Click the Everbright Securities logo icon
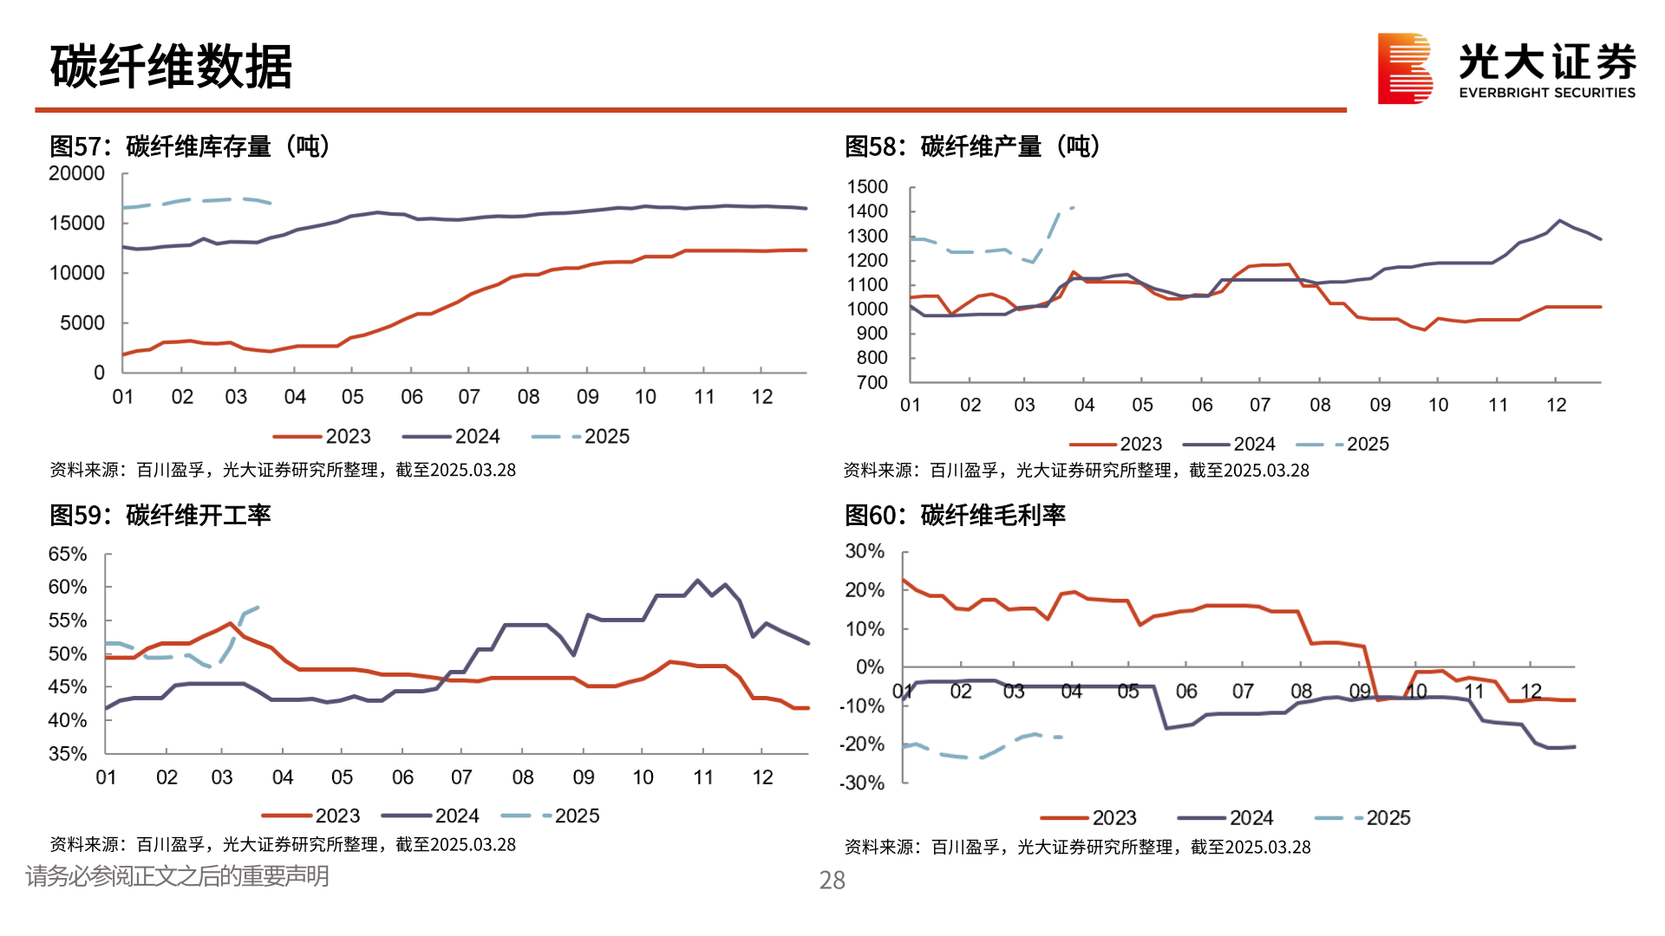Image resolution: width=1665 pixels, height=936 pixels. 1405,68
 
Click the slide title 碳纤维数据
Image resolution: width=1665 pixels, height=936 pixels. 171,67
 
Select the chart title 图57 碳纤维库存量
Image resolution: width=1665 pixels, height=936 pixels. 189,146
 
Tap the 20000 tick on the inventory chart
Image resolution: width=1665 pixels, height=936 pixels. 76,173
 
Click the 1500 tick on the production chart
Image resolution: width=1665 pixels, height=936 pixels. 867,187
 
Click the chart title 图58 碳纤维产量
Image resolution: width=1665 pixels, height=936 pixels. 972,146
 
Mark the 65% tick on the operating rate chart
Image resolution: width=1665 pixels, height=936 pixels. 68,554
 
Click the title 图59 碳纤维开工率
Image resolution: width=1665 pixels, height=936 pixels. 160,516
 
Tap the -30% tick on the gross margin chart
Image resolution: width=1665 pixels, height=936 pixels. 862,783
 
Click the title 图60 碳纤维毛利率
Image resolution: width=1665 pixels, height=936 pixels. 955,516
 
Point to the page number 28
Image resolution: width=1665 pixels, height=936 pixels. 832,881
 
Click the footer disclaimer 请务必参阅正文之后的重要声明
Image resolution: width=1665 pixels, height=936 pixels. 177,876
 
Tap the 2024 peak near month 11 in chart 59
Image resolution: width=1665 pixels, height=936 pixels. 698,581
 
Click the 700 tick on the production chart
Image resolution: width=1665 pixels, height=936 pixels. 872,382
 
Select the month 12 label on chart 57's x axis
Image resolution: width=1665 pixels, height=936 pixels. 761,397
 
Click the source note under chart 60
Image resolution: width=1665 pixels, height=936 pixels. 1077,848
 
